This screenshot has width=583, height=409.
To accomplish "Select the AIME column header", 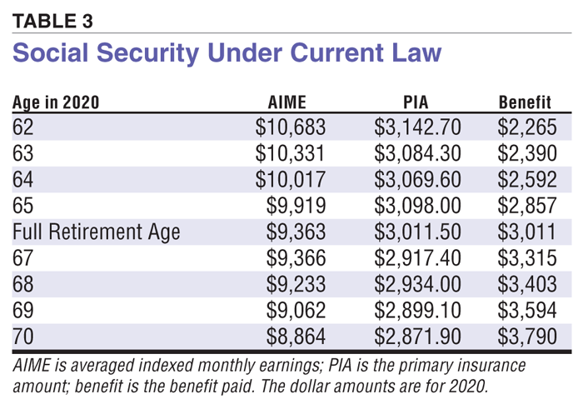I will pos(287,103).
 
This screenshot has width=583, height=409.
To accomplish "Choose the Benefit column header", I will pos(525,103).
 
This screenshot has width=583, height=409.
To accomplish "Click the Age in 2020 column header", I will pos(57,103).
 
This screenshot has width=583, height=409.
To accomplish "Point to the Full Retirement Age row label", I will pos(97,232).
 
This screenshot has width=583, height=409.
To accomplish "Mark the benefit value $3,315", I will pos(525,258).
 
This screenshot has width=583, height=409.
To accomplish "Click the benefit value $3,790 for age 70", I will pos(525,337).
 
